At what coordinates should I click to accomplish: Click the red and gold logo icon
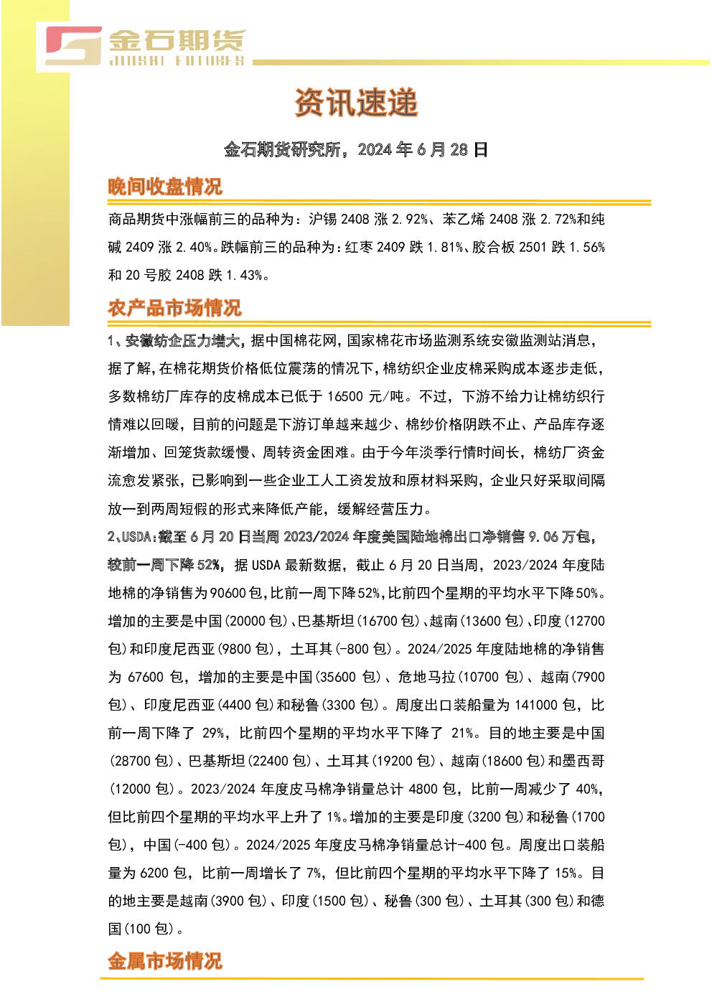click(73, 46)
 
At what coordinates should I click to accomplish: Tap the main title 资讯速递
click(357, 103)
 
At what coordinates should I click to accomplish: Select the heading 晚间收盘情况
click(165, 187)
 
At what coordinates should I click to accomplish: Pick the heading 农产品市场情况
click(174, 309)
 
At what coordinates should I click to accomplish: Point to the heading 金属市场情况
click(165, 962)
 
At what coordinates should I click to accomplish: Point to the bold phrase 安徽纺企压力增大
click(182, 341)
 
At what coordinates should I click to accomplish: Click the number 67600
click(146, 677)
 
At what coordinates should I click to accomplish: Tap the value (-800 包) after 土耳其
click(362, 649)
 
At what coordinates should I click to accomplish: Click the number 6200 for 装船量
click(154, 873)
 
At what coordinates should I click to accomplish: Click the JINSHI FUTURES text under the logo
click(177, 60)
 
